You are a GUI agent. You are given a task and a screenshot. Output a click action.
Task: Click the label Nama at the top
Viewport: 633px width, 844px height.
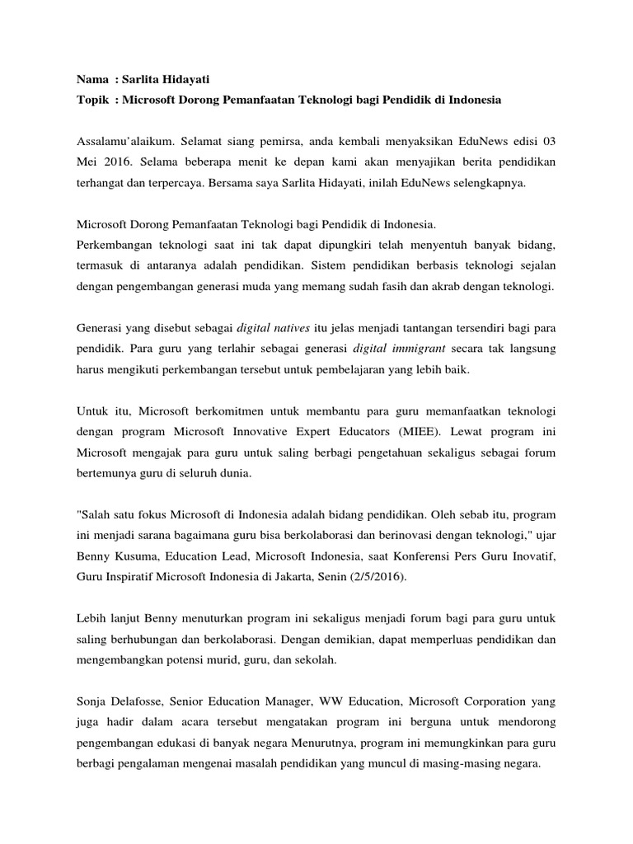92,79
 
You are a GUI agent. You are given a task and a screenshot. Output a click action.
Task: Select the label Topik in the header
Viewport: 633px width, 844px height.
93,100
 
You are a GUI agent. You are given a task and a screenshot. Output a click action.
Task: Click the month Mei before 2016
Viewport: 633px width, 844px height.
87,162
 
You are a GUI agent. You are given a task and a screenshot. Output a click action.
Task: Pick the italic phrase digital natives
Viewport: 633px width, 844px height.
272,327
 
